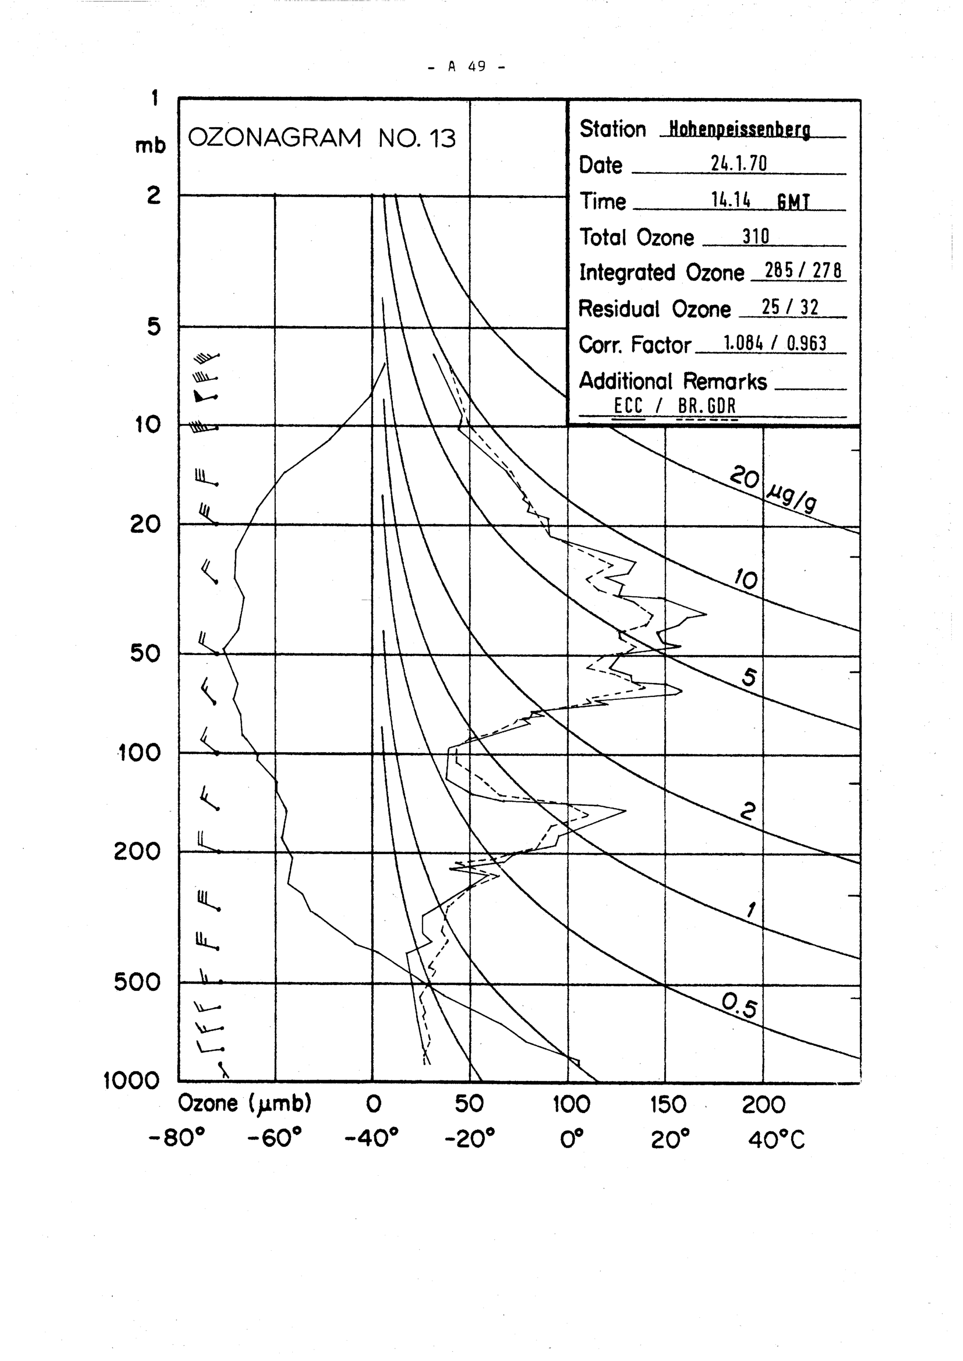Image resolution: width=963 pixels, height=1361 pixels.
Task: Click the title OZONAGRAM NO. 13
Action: point(321,138)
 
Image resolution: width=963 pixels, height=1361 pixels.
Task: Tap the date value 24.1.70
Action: point(738,164)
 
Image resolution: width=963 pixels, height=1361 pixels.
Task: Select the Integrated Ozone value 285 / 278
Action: point(803,271)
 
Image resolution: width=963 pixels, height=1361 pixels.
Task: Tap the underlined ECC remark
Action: point(628,406)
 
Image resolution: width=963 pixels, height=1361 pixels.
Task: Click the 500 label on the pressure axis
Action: point(137,982)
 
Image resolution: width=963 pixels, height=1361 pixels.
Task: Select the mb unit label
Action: point(150,145)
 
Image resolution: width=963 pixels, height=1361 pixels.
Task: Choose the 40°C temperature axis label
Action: point(776,1139)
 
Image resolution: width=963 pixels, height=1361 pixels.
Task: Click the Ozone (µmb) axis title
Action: point(244,1103)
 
